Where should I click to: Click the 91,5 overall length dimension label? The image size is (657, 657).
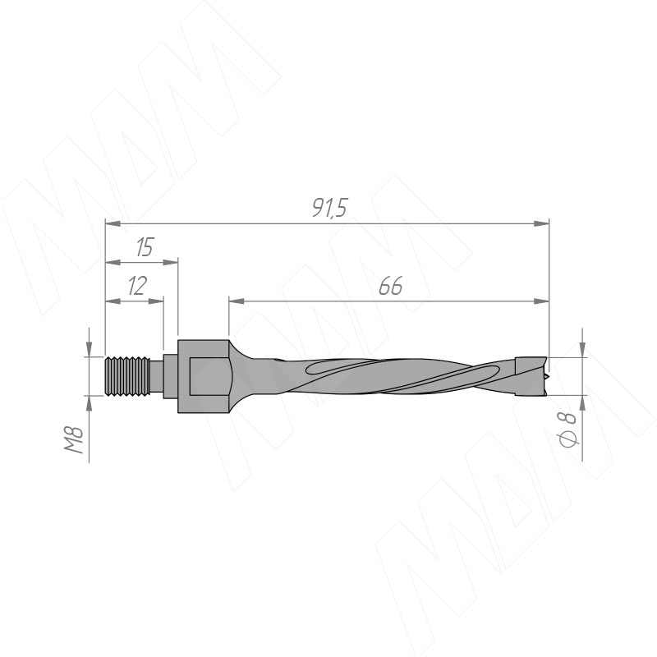(x=330, y=208)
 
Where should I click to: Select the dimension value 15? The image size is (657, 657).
(x=145, y=247)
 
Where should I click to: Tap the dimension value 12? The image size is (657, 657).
(x=137, y=286)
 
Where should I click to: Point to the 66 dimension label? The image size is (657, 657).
(x=391, y=286)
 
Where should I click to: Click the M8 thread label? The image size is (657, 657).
(x=74, y=439)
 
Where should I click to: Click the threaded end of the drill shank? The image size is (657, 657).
(x=127, y=376)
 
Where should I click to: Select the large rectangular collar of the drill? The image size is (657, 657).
(x=204, y=376)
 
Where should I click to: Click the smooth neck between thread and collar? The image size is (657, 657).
(x=157, y=376)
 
